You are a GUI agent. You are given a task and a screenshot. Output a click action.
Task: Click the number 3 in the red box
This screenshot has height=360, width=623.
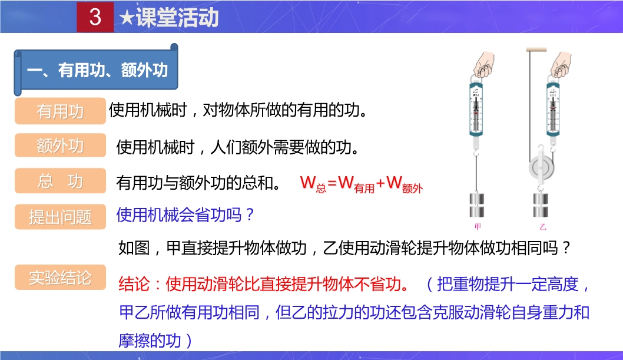95,17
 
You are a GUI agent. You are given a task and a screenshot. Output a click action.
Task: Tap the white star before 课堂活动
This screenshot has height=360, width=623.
127,18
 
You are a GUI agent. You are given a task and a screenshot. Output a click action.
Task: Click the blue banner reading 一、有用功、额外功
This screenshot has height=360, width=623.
96,70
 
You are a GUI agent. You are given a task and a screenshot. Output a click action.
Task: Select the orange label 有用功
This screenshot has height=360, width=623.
61,111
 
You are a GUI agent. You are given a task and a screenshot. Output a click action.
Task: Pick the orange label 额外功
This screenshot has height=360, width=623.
61,146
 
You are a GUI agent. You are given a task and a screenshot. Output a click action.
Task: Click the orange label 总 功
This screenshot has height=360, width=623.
61,181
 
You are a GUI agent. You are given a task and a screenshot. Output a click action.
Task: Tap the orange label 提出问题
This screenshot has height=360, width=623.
61,217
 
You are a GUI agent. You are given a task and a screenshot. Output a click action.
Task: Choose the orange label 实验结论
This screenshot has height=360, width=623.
61,278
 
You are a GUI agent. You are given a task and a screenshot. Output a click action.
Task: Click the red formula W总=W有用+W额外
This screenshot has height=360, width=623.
361,184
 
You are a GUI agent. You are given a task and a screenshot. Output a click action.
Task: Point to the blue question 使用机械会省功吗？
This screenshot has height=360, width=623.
185,215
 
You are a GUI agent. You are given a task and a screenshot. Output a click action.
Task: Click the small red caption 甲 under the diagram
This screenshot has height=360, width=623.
478,226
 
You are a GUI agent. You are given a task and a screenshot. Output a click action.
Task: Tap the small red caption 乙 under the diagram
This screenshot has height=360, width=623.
543,227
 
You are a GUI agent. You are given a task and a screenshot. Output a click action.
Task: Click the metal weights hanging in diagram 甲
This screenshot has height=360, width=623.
477,205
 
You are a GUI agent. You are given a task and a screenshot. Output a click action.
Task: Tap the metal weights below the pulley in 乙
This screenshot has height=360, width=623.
541,205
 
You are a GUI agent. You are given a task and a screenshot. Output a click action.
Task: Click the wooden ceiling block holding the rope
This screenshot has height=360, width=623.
536,49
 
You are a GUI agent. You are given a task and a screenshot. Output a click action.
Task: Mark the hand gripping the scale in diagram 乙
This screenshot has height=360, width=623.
561,64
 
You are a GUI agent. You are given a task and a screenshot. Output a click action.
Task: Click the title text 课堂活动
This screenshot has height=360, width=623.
177,18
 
